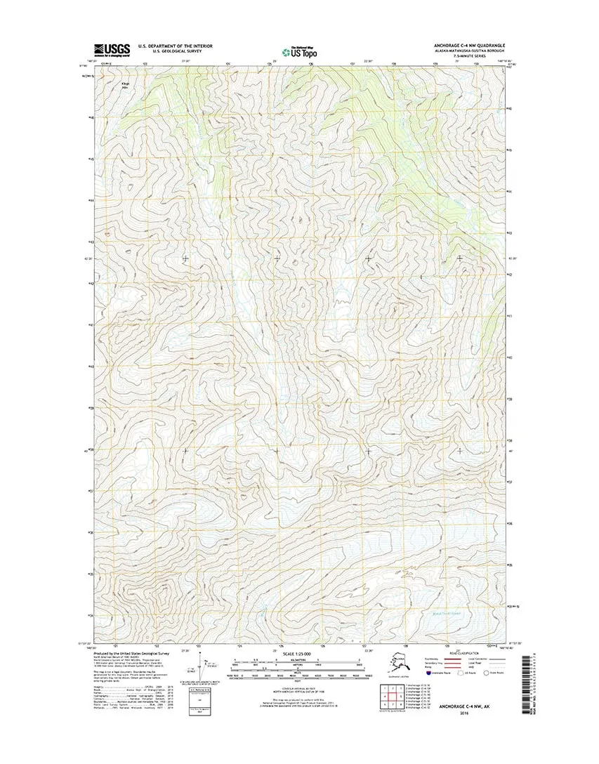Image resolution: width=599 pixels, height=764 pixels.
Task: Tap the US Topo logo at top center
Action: [x=298, y=51]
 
